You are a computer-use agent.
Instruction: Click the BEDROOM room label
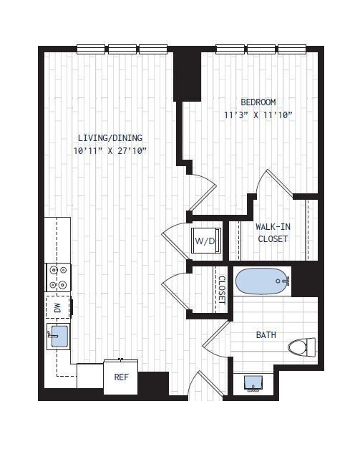coord(258,102)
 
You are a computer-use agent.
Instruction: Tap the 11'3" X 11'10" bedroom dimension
coord(258,115)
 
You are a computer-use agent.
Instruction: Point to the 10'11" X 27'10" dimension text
coord(110,151)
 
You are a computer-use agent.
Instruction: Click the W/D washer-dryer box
coord(205,241)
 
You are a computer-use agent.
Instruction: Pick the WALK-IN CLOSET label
coord(273,233)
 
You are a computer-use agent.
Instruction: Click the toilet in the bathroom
coord(301,348)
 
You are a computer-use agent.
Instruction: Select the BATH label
coord(266,334)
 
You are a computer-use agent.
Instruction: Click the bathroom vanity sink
coord(252,382)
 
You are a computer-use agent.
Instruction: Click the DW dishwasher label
coord(57,308)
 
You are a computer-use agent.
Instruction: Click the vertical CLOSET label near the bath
coord(221,290)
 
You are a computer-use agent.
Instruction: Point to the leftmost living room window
coord(92,49)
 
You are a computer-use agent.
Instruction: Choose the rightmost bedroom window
coord(292,49)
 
